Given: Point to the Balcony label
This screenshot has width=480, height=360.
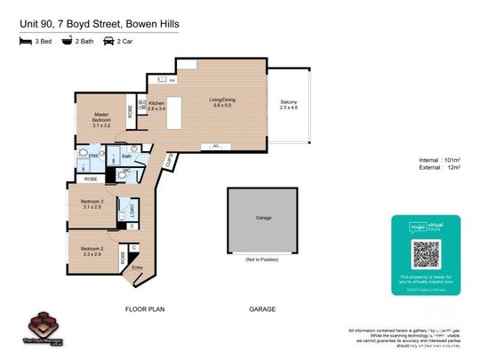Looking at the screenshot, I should tap(289, 103).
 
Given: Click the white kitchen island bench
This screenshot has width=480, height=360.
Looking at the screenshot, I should tap(181, 112).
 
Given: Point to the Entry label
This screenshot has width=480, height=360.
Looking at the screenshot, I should tap(137, 267).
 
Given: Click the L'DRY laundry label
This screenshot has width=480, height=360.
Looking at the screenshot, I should tap(132, 209).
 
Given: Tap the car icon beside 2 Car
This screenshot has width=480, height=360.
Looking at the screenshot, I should tap(108, 41).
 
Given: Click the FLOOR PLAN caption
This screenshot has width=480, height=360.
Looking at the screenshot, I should tap(145, 309).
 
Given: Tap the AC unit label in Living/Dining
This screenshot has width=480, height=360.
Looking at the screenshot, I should tap(216, 145).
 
